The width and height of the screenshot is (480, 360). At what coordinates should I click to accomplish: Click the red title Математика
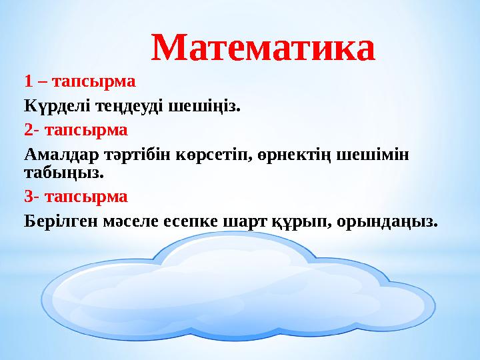click(263, 48)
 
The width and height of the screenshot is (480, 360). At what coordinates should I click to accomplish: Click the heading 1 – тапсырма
click(79, 82)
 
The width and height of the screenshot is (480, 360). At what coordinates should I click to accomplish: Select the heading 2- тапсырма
click(75, 128)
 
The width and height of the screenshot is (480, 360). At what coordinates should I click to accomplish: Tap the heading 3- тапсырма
click(75, 197)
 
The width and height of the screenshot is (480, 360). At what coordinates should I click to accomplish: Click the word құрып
click(299, 221)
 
